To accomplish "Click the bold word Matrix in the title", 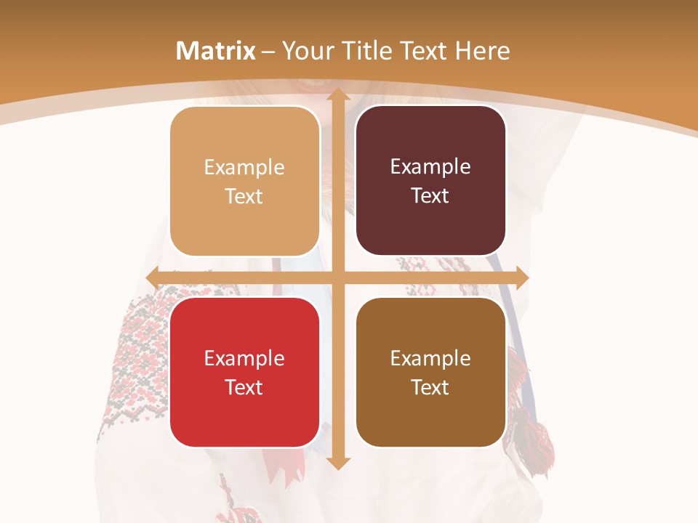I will [216, 51].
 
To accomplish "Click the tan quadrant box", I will [244, 182].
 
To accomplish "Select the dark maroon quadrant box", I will [430, 181].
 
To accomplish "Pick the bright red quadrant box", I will [244, 372].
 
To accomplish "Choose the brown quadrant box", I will [430, 372].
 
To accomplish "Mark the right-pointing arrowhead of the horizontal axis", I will [521, 277].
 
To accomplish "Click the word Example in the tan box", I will [244, 168].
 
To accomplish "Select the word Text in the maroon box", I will [430, 196].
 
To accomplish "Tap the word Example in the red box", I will [244, 358].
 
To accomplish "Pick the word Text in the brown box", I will [430, 387].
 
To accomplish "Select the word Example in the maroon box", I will [430, 167].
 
